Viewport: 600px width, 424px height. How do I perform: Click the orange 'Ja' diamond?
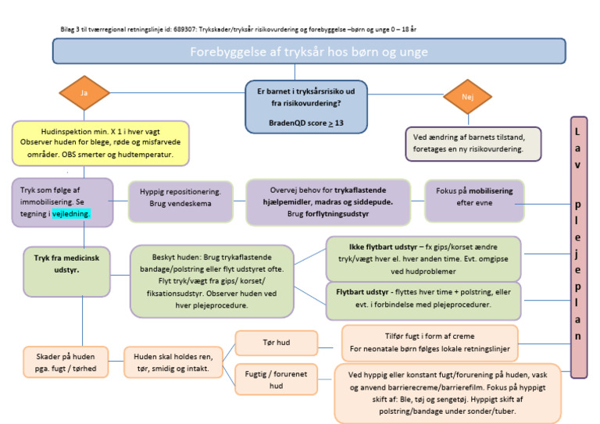pyautogui.click(x=84, y=93)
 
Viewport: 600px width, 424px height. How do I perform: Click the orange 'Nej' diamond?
pyautogui.click(x=468, y=97)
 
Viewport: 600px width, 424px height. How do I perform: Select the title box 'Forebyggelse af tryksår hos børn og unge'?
pyautogui.click(x=309, y=52)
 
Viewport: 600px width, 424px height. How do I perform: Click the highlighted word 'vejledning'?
pyautogui.click(x=70, y=213)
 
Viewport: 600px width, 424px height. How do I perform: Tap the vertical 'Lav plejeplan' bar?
pyautogui.click(x=579, y=246)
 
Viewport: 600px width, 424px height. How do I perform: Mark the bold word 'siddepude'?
pyautogui.click(x=373, y=201)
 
